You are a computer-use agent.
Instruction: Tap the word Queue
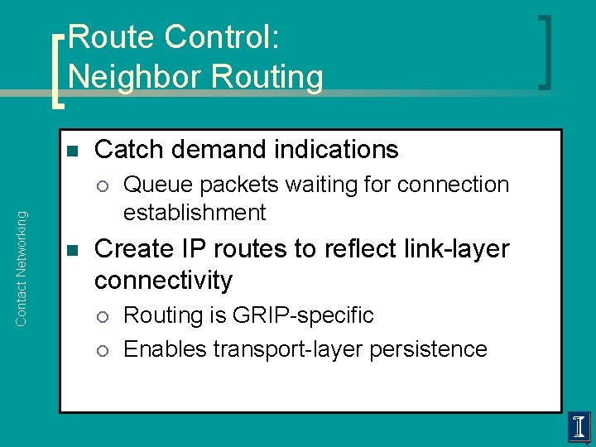158,185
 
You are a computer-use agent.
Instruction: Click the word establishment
195,213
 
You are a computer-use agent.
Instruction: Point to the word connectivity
163,281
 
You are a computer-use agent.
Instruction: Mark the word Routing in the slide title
267,77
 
